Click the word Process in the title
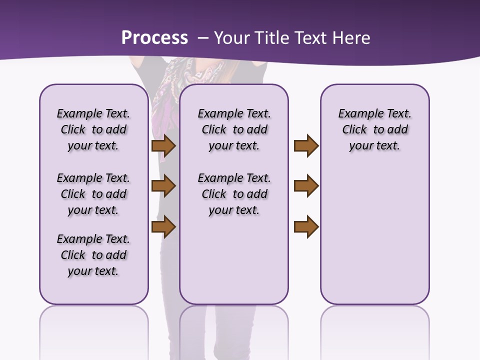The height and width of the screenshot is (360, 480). (x=154, y=38)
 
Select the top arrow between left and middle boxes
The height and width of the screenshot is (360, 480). (x=163, y=146)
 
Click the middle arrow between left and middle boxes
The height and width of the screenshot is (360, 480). (x=163, y=186)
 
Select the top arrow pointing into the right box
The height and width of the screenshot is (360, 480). (x=306, y=146)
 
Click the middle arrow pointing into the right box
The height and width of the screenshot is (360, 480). (x=306, y=186)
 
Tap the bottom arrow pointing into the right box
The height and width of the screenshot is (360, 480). (x=306, y=226)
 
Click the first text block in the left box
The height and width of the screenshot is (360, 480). (x=93, y=129)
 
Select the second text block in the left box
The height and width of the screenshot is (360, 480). (x=93, y=194)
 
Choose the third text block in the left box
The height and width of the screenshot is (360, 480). (x=93, y=255)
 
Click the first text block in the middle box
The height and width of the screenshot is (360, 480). (x=234, y=129)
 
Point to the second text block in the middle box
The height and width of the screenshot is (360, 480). (x=234, y=194)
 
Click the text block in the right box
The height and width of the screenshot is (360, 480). (x=374, y=129)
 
